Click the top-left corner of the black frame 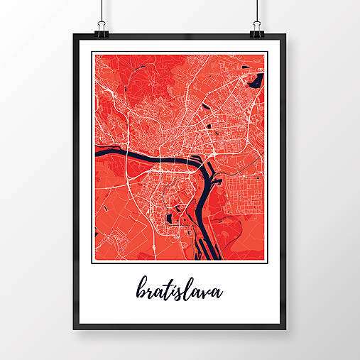[x=74, y=35]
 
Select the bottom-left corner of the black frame [x=74, y=329]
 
